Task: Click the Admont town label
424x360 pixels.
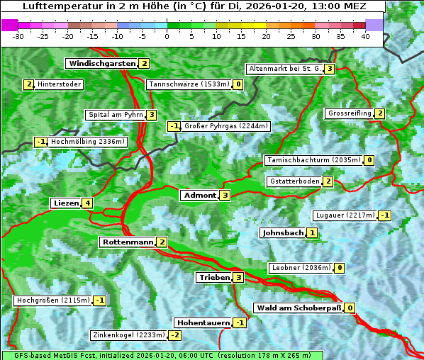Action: pos(199,195)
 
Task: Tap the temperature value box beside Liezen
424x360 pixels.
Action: pos(87,203)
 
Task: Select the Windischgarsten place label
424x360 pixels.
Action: pos(101,63)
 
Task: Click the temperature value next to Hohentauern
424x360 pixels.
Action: pos(240,322)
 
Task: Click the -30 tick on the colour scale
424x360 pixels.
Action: pos(18,35)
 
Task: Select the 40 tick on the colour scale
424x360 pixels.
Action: pos(365,35)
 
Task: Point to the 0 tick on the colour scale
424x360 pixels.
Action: pos(167,35)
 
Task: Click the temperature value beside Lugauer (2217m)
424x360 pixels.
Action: pos(384,215)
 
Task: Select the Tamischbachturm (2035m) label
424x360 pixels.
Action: pos(313,160)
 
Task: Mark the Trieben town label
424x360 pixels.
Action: pos(214,277)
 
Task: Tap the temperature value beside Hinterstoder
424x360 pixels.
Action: pos(28,84)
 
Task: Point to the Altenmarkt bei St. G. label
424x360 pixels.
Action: pos(284,69)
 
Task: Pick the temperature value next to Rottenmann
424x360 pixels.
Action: pos(162,242)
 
